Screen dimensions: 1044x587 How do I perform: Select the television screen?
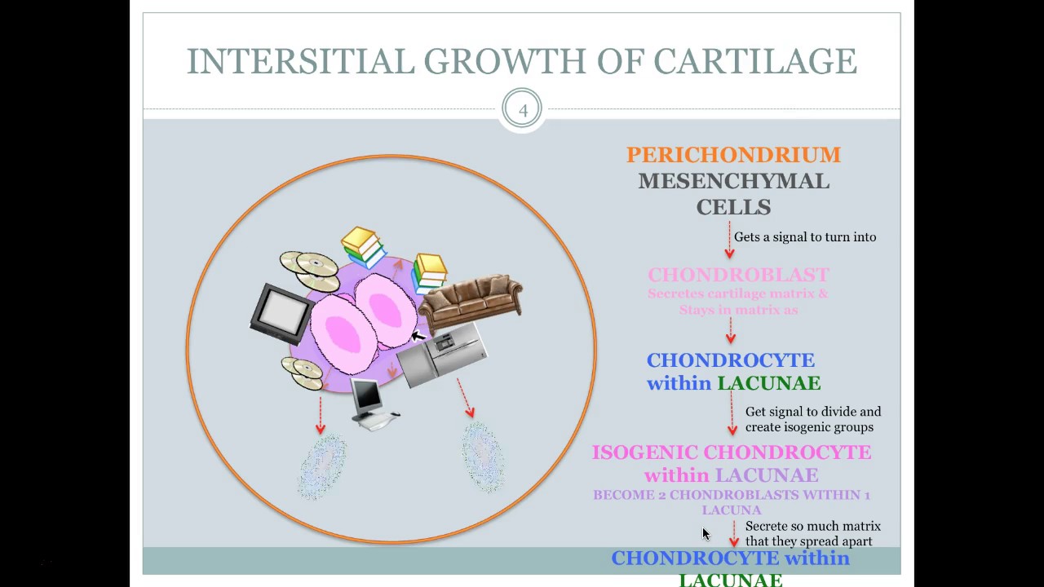[281, 313]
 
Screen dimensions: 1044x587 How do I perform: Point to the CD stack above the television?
[310, 269]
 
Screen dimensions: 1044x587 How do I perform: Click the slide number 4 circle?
[522, 110]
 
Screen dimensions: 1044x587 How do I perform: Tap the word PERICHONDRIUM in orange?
[733, 155]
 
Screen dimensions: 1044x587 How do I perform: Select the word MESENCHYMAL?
[733, 181]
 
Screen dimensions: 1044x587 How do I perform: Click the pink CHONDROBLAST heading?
[738, 275]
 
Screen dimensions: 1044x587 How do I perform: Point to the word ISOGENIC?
[644, 452]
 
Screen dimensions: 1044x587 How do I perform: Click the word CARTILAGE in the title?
[754, 61]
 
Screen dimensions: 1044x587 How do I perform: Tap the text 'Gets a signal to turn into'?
[805, 237]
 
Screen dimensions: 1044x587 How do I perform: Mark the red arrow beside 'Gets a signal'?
[729, 242]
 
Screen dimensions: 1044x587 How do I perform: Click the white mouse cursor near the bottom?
[706, 534]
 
